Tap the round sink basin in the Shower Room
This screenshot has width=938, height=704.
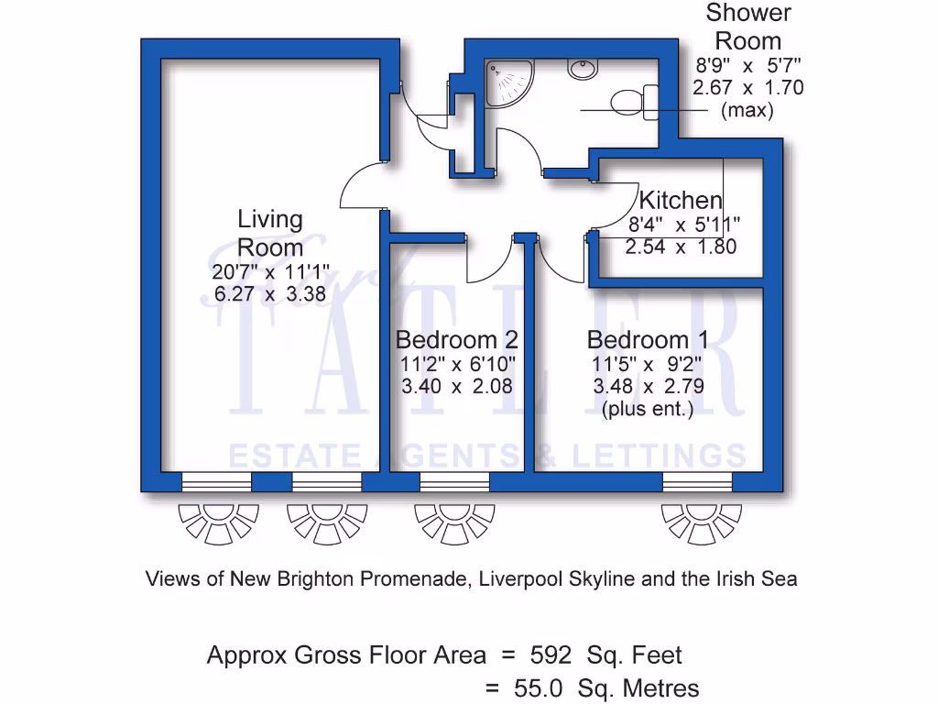[581, 69]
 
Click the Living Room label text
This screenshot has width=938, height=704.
[269, 234]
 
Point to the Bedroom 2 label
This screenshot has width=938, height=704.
[456, 340]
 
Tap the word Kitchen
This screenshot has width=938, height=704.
[680, 200]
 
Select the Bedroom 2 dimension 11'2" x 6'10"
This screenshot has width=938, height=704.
[456, 364]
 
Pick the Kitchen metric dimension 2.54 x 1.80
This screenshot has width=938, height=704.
[681, 247]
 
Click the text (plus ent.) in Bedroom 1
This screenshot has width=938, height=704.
[647, 409]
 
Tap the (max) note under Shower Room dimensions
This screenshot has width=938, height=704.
[747, 111]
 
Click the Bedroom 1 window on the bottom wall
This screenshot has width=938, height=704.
[697, 481]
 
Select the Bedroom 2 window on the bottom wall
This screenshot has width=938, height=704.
[454, 481]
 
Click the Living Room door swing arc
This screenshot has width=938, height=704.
[359, 187]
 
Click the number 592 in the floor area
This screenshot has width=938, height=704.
[551, 655]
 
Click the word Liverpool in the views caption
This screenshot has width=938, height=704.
[521, 579]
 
